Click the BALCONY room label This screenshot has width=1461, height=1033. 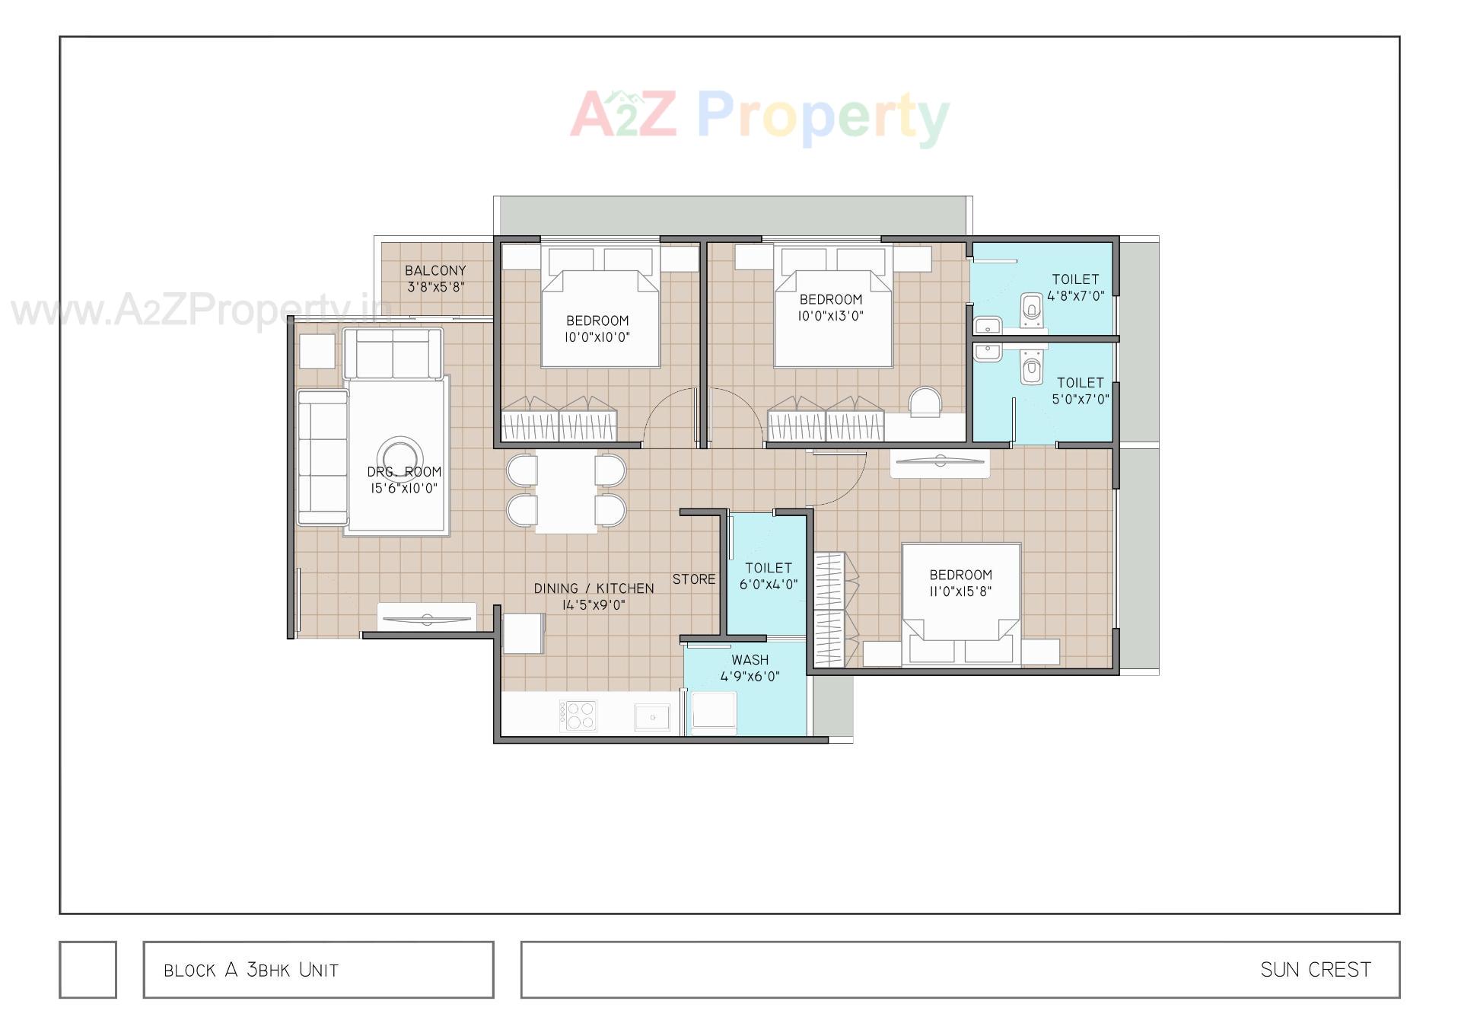(x=435, y=270)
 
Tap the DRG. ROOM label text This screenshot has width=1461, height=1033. (x=404, y=472)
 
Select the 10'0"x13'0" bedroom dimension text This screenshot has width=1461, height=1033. (x=830, y=316)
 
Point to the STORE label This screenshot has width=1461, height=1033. (x=694, y=579)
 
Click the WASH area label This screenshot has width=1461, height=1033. (x=750, y=660)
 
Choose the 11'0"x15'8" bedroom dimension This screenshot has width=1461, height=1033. (x=960, y=591)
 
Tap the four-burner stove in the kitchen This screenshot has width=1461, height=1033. (x=578, y=716)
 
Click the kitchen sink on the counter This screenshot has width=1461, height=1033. (x=652, y=716)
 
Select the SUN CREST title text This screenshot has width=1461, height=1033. (x=1316, y=970)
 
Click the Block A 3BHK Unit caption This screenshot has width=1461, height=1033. (x=251, y=970)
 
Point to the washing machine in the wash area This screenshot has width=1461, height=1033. (x=714, y=713)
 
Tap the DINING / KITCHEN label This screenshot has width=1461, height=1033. (x=594, y=588)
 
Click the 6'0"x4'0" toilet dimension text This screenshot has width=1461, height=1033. (x=769, y=585)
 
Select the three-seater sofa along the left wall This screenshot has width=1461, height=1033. (x=323, y=458)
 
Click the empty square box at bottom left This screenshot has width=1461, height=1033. (x=88, y=969)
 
